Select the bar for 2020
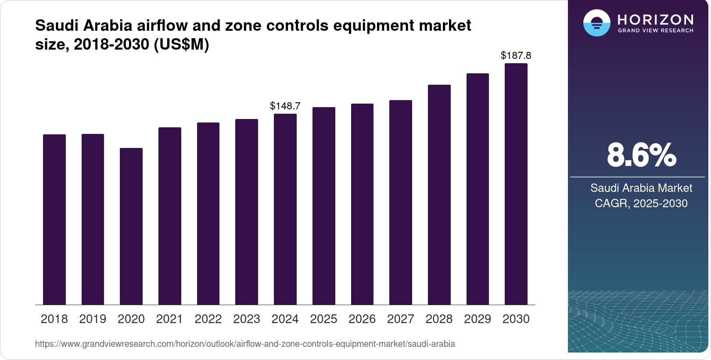131,226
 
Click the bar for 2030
516,184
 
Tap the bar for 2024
285,209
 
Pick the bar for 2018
54,220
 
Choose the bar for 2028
439,194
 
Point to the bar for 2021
170,216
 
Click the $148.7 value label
285,106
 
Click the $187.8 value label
516,55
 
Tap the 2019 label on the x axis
93,319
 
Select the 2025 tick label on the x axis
323,319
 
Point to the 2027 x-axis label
401,319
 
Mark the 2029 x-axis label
478,319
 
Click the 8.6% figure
641,155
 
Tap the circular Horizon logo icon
596,23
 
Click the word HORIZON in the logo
655,19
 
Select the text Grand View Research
655,31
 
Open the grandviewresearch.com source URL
245,344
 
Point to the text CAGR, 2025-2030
641,203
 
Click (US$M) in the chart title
181,44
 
